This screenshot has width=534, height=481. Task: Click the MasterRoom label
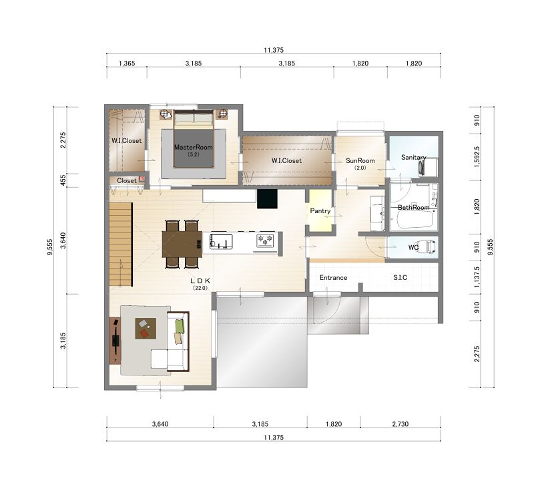click(x=194, y=147)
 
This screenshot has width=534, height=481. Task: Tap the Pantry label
click(x=320, y=211)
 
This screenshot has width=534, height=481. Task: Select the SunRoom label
click(x=360, y=160)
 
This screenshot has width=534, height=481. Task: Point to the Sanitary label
click(x=413, y=157)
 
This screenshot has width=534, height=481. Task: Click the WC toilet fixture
click(x=427, y=246)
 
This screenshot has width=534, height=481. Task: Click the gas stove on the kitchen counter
click(x=265, y=240)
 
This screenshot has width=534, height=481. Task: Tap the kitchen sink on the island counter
click(x=221, y=241)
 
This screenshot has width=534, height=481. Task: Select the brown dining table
click(x=182, y=244)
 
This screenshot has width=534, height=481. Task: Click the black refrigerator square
click(x=268, y=198)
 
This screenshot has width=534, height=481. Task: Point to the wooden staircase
click(x=121, y=245)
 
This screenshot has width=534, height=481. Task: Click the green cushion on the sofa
click(x=180, y=326)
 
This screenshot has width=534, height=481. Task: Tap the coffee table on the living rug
click(x=146, y=328)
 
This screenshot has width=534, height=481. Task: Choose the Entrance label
click(x=333, y=277)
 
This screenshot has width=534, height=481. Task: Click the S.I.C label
click(x=400, y=277)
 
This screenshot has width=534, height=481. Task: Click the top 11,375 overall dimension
click(x=274, y=50)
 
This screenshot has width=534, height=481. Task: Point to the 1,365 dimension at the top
click(x=127, y=63)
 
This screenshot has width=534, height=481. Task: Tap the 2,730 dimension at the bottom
click(x=400, y=424)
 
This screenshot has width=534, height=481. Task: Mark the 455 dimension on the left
click(x=63, y=180)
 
